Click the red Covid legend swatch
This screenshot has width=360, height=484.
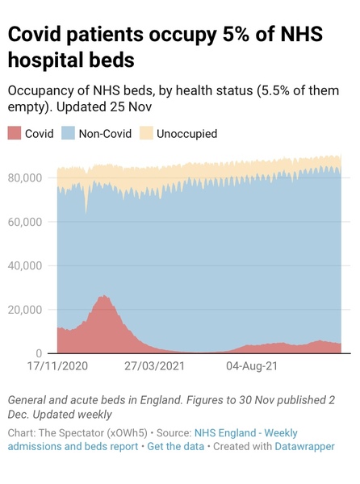pos(15,134)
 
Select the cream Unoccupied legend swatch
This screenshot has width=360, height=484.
pos(148,134)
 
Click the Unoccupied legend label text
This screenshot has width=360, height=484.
pos(187,134)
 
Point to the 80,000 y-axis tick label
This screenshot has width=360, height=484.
pos(27,177)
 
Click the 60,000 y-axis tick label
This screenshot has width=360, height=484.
pos(27,222)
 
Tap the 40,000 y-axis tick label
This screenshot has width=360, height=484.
pos(27,265)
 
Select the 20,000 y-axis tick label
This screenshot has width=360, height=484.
pos(27,310)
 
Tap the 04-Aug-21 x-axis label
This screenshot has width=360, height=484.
pos(252,366)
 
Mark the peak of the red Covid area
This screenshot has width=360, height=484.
pos(103,296)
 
